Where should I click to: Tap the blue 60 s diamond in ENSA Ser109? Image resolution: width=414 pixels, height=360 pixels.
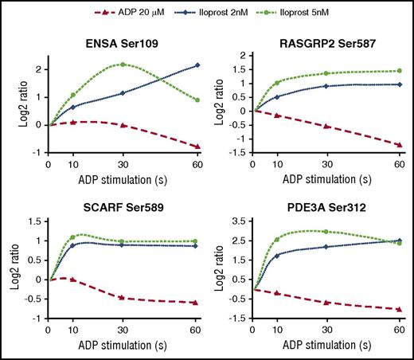point(196,65)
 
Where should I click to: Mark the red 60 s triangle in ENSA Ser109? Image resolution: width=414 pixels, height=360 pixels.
point(196,147)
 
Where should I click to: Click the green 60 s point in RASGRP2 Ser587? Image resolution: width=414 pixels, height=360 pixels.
point(398,71)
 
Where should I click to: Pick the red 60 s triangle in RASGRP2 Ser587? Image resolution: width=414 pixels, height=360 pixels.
point(398,144)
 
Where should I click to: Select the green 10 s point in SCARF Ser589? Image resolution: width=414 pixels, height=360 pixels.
point(72,237)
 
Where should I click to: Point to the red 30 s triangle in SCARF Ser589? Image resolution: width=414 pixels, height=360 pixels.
point(122,298)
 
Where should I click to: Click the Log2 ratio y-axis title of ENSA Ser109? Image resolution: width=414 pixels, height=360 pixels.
point(12,100)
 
